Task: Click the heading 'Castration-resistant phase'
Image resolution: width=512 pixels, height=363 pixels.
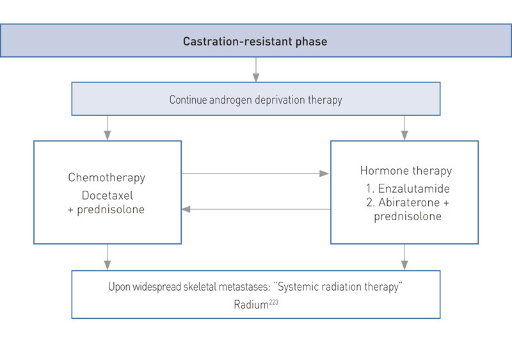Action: [x=255, y=42]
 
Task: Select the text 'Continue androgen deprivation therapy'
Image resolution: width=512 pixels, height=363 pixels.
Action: [x=255, y=100]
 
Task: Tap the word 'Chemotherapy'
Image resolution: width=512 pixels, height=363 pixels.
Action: [x=107, y=177]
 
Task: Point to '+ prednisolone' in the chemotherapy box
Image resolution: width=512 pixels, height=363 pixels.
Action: [x=107, y=210]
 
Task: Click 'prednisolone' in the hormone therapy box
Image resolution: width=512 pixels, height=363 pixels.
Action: [x=404, y=216]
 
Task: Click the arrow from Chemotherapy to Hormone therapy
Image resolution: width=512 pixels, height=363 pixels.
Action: [x=255, y=173]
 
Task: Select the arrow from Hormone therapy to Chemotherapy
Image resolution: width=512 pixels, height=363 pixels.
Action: [x=255, y=209]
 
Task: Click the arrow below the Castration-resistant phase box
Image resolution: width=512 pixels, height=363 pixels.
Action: [x=256, y=70]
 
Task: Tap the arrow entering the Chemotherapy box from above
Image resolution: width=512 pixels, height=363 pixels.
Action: [x=108, y=128]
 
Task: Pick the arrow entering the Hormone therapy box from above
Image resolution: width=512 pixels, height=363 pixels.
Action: [x=404, y=128]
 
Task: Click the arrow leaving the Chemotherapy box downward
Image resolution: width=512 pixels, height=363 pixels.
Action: [x=108, y=257]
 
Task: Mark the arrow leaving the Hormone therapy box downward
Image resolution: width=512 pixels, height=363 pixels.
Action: [x=404, y=257]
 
